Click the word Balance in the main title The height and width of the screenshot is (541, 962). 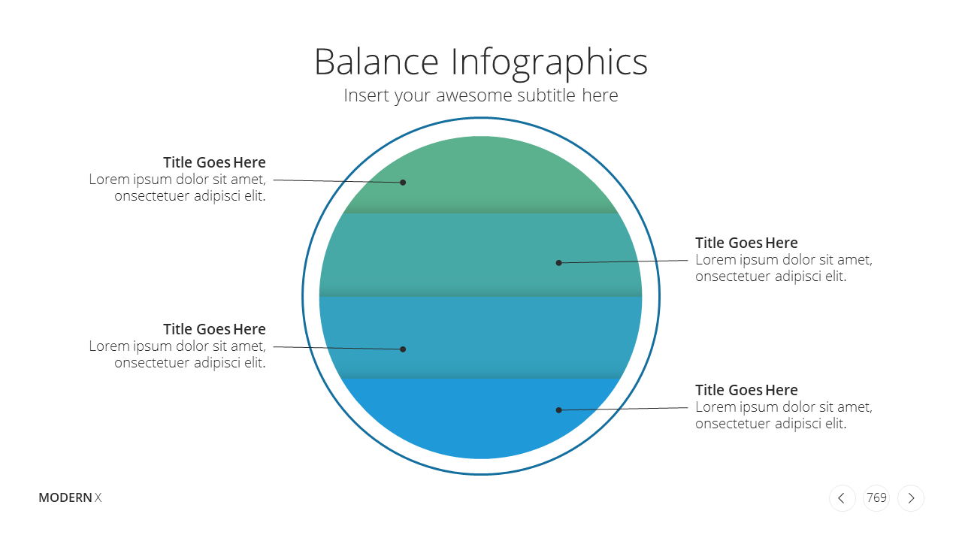[377, 62]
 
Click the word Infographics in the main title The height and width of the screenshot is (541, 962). [549, 64]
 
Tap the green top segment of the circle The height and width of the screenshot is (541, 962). [481, 176]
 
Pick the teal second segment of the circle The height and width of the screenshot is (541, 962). [480, 255]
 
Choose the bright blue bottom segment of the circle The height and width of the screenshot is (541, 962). [480, 419]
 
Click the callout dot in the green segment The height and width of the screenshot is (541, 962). [403, 183]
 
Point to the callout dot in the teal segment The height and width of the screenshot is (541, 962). [558, 263]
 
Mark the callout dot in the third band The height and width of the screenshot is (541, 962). [403, 349]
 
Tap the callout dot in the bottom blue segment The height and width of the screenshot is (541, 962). [558, 410]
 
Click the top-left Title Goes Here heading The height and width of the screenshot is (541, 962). [214, 162]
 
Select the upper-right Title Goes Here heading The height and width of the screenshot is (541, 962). [746, 243]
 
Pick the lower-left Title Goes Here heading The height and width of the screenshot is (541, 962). [214, 329]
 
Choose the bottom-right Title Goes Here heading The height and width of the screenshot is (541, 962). [746, 390]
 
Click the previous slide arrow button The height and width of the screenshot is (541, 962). [843, 498]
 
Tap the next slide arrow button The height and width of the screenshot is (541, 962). [911, 498]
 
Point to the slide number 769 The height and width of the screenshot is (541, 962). [876, 497]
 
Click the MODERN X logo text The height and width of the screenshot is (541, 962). [70, 497]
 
